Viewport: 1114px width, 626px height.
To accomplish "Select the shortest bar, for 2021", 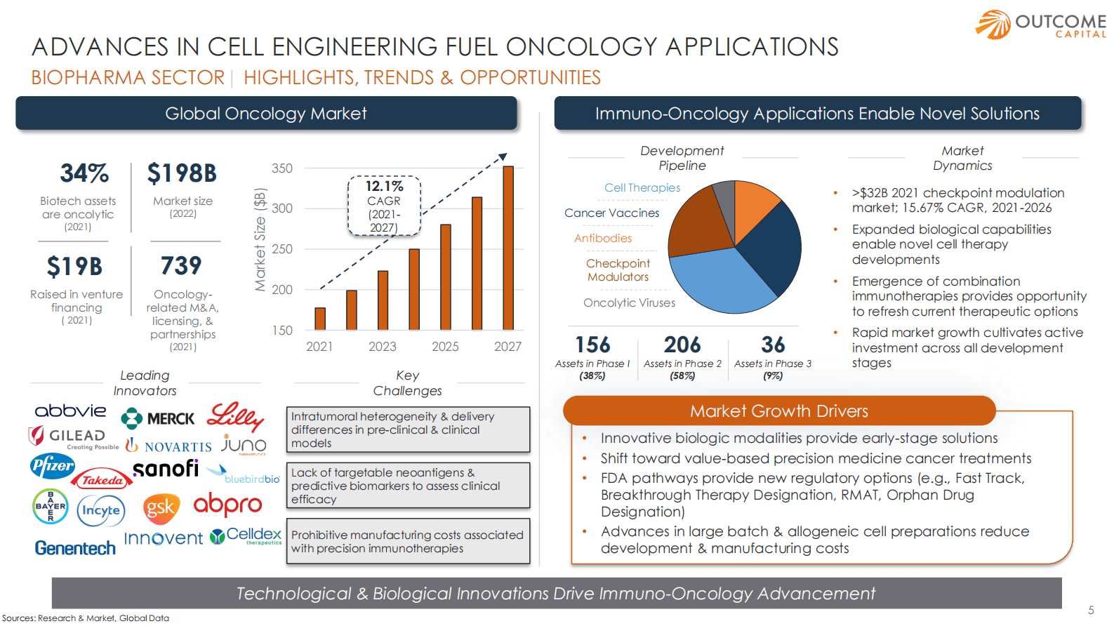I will (x=320, y=319).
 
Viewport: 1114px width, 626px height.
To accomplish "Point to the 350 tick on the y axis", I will (x=282, y=168).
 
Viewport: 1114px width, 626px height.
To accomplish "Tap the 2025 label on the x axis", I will (x=445, y=347).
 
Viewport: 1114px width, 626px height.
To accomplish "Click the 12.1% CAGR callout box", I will (x=384, y=206).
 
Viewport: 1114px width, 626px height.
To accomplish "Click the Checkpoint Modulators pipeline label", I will (x=618, y=270).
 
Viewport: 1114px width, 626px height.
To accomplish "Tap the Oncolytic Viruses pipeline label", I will (x=629, y=303).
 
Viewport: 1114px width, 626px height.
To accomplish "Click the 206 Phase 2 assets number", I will (x=682, y=345).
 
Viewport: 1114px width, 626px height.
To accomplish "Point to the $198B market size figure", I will (x=182, y=173).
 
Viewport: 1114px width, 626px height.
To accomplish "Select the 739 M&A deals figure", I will (x=181, y=266).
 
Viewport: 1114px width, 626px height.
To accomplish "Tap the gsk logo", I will (x=161, y=508).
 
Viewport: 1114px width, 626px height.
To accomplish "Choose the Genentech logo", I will (x=75, y=548).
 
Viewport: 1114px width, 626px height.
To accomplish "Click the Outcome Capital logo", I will (x=1041, y=25).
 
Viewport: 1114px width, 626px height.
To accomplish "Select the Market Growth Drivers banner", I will (x=779, y=411).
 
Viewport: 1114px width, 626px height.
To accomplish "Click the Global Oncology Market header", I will (x=266, y=114).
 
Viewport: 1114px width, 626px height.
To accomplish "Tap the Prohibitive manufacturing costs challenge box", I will (x=408, y=542).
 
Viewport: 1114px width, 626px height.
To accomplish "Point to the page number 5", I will (x=1091, y=611).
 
